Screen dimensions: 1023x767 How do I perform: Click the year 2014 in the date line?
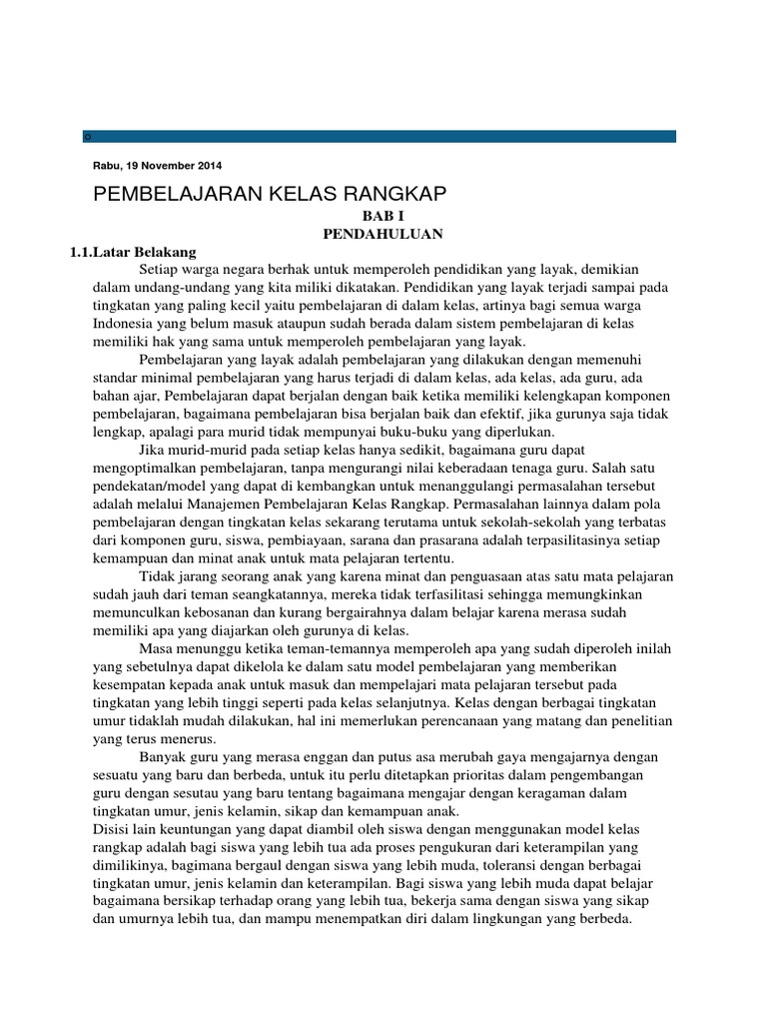click(210, 165)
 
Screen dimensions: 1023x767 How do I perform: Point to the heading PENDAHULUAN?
click(383, 234)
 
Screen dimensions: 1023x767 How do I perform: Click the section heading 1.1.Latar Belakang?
click(133, 252)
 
